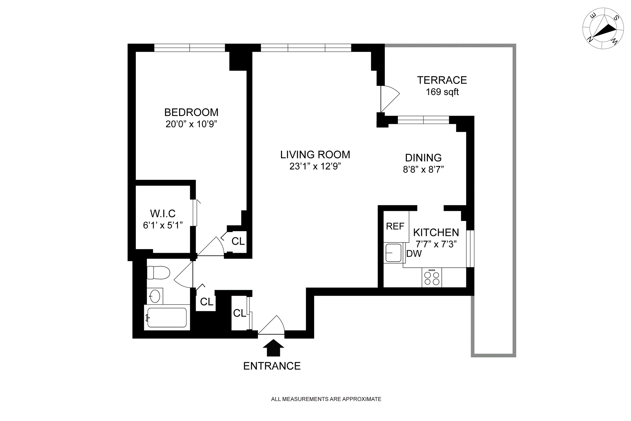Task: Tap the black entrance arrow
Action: (x=273, y=348)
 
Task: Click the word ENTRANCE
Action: (x=272, y=366)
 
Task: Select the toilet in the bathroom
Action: (x=158, y=272)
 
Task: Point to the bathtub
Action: (x=167, y=317)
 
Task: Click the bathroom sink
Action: (x=155, y=296)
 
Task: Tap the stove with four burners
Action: (x=432, y=277)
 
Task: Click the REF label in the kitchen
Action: (x=395, y=226)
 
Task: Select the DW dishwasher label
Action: (x=414, y=254)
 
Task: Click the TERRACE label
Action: (x=442, y=80)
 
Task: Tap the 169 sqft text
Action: (x=442, y=92)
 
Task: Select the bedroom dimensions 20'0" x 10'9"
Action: (x=191, y=124)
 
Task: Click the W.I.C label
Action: (x=163, y=213)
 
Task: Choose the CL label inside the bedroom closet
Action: (x=238, y=241)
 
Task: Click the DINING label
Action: (x=423, y=158)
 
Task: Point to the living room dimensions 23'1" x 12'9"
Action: (x=315, y=166)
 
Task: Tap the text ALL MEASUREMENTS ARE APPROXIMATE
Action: (x=326, y=399)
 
